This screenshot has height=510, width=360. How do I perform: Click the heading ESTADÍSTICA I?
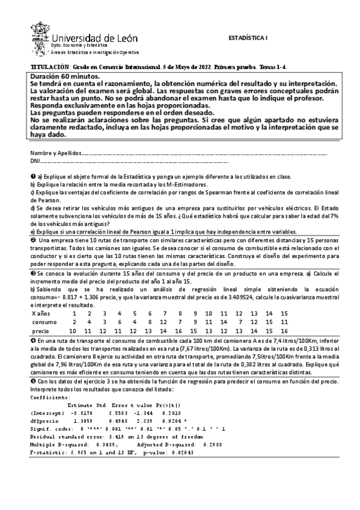[248, 37]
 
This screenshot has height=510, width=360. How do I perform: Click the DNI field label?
[35, 161]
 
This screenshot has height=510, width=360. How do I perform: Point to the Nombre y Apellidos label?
[55, 153]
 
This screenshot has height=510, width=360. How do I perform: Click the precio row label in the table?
[40, 331]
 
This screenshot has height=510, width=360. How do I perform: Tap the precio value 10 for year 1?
[73, 331]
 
